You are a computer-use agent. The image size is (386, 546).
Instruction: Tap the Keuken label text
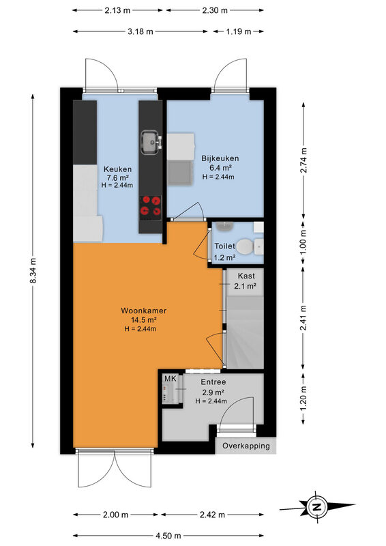(x=118, y=169)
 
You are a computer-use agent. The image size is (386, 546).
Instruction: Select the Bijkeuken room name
(x=220, y=158)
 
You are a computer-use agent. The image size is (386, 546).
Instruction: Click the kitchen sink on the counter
(x=151, y=142)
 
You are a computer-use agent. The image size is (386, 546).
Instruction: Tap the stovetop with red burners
(x=150, y=207)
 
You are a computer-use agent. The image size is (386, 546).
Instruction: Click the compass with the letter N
(x=316, y=506)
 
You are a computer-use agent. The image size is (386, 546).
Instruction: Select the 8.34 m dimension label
(x=33, y=270)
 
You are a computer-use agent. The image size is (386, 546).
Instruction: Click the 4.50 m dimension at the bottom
(x=168, y=536)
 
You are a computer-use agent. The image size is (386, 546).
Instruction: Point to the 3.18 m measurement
(x=140, y=31)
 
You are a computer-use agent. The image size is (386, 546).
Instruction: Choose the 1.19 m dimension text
(x=239, y=31)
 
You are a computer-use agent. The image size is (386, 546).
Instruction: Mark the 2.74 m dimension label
(x=304, y=160)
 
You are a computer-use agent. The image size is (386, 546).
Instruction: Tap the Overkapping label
(x=246, y=446)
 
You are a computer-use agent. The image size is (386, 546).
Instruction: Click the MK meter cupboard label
(x=170, y=379)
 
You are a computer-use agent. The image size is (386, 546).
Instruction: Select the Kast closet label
(x=246, y=276)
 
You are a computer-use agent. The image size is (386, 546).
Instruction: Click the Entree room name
(x=213, y=382)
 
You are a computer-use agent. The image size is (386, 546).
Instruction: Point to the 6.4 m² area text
(x=220, y=167)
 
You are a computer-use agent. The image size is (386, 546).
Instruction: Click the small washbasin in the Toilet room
(x=223, y=226)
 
